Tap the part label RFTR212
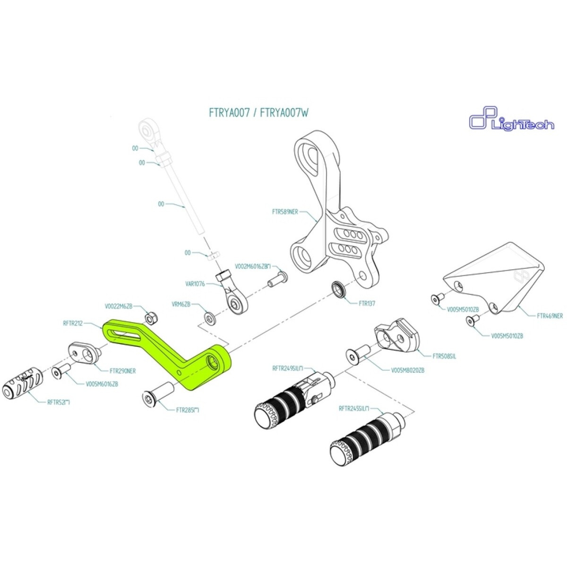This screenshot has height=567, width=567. (73, 324)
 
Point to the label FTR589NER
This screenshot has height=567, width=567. (285, 212)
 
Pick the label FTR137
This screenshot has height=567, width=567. (367, 303)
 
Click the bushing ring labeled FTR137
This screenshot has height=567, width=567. (339, 289)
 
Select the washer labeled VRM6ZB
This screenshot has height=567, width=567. (208, 316)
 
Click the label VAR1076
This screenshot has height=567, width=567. (195, 284)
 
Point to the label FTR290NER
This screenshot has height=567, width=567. (122, 371)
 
